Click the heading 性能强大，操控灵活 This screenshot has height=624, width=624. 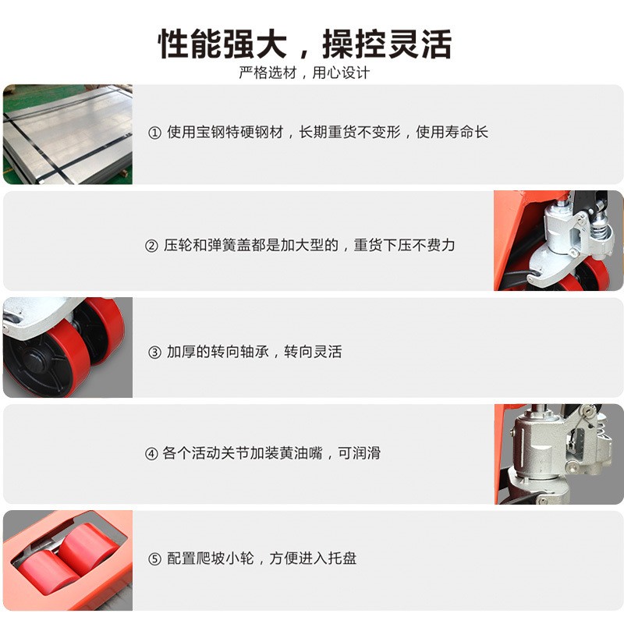click(305, 44)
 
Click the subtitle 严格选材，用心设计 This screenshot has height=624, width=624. click(304, 73)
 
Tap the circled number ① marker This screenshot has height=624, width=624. click(154, 133)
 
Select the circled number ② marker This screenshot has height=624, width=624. click(151, 246)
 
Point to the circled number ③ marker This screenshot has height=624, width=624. click(154, 353)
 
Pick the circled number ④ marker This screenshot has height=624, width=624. click(151, 454)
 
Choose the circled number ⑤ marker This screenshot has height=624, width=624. click(154, 559)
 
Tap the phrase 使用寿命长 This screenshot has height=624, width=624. click(452, 132)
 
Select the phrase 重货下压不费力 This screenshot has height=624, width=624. click(404, 245)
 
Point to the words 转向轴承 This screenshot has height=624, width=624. click(240, 352)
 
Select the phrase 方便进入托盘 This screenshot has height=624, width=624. click(313, 558)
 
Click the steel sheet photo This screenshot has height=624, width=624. click(68, 134)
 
